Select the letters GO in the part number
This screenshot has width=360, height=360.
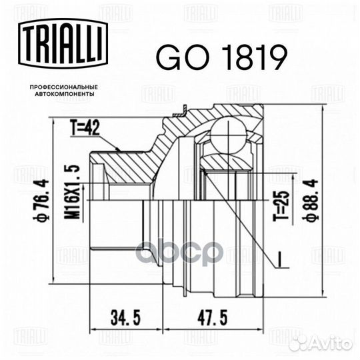(x=175, y=59)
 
